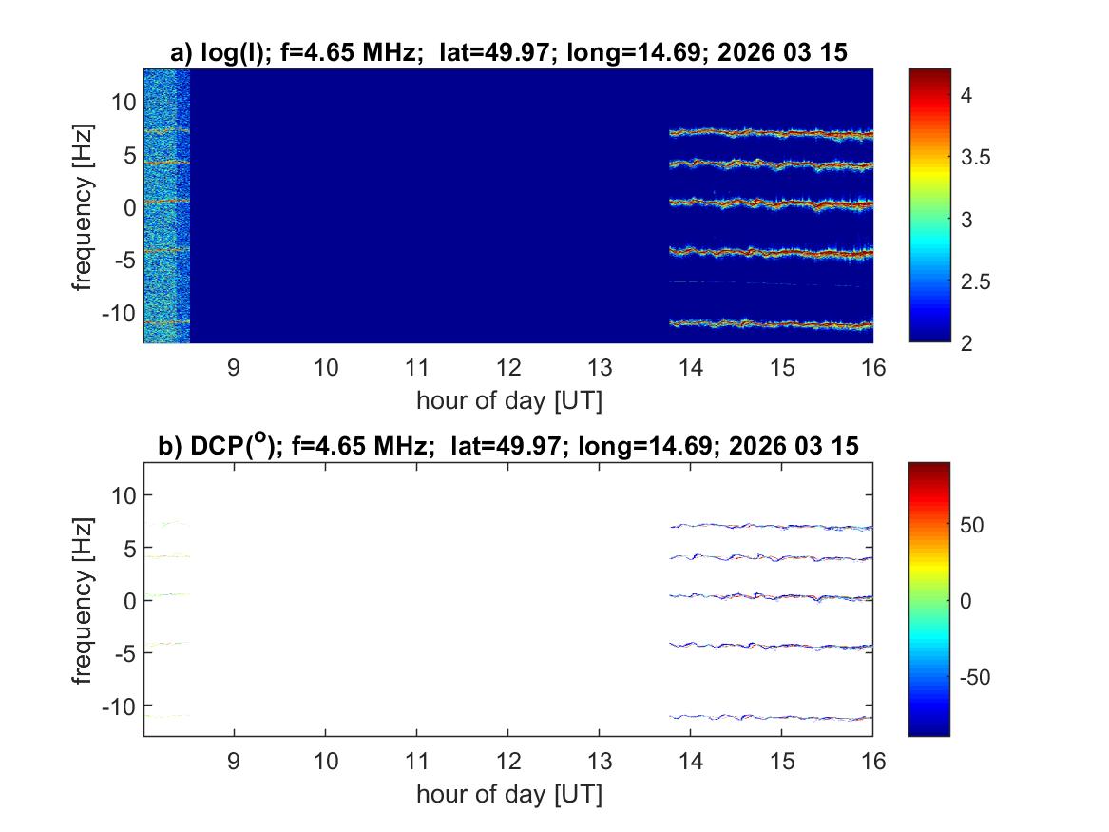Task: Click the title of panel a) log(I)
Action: (x=508, y=53)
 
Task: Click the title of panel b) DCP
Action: (x=508, y=445)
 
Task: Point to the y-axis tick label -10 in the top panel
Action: (x=119, y=313)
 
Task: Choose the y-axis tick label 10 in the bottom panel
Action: (x=124, y=494)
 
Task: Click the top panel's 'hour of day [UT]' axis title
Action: (x=508, y=400)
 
